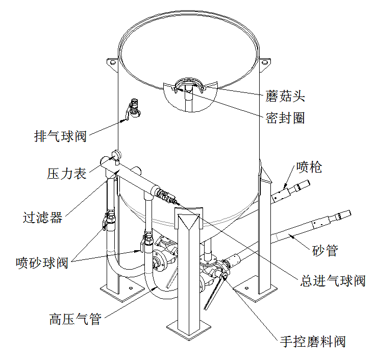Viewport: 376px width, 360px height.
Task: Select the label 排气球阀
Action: (60, 137)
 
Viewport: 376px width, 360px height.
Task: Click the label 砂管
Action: (324, 250)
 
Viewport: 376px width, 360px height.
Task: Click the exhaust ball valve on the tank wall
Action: (134, 109)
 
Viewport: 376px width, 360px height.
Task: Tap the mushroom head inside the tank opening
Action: (188, 85)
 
